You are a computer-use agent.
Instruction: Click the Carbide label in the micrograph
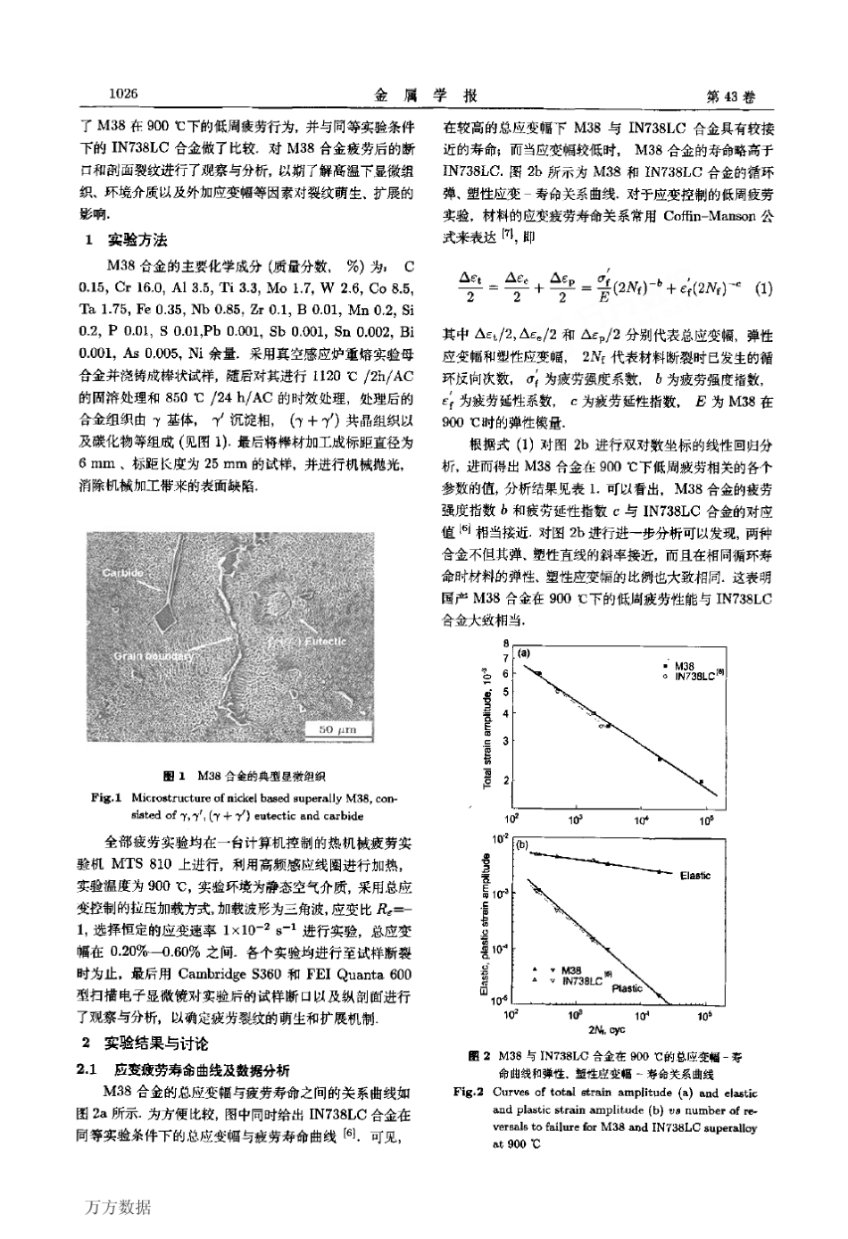coord(121,571)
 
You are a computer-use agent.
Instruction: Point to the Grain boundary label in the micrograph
coord(154,656)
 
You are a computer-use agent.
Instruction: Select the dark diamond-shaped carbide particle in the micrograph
coord(163,617)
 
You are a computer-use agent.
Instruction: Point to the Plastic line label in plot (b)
coord(627,988)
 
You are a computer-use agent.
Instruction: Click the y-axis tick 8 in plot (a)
coord(505,643)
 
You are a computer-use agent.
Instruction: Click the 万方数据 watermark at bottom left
coord(119,1208)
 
